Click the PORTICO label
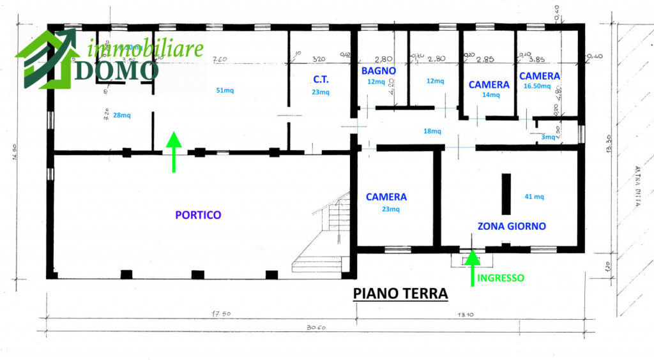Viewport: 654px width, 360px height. click(x=198, y=215)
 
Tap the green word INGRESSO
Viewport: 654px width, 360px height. click(x=501, y=278)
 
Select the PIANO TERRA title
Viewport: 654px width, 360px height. click(x=400, y=294)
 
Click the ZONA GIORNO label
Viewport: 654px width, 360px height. click(x=512, y=226)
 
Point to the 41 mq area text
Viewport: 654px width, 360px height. click(x=534, y=197)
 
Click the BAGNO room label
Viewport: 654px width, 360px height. click(x=379, y=71)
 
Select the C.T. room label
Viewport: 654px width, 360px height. click(x=321, y=80)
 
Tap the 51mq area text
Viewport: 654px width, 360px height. click(x=225, y=91)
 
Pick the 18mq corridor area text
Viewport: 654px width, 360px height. click(x=432, y=131)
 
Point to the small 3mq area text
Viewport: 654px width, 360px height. click(x=548, y=137)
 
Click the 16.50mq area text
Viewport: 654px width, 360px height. click(x=536, y=86)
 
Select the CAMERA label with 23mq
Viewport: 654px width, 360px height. click(x=386, y=197)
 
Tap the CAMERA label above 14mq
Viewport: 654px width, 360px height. click(x=489, y=84)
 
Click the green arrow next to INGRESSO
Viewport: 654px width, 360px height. click(x=472, y=267)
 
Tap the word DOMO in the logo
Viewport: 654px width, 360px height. click(x=116, y=71)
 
